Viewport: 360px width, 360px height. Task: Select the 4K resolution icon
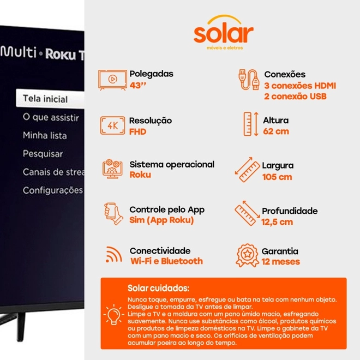point(112,125)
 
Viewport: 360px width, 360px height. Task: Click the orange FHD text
point(138,132)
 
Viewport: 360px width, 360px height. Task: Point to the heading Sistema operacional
point(172,164)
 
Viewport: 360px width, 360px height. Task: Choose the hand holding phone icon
point(113,213)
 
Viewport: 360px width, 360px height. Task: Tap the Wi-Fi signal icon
point(114,254)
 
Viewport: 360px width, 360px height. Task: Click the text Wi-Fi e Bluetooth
point(167,261)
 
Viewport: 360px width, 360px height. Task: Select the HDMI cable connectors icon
point(249,80)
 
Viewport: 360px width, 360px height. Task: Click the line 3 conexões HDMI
point(300,86)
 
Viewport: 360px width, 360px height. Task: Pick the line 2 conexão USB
point(295,97)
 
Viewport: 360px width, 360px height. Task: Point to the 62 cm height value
point(276,131)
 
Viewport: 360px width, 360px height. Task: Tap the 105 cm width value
point(277,177)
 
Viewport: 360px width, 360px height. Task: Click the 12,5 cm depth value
point(277,222)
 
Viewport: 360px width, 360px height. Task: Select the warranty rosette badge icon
point(247,255)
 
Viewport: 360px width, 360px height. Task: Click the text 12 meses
point(281,261)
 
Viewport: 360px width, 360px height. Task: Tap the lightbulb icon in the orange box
point(113,314)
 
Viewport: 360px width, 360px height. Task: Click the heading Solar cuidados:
point(158,288)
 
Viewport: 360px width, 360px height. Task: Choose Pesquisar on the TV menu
point(43,154)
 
